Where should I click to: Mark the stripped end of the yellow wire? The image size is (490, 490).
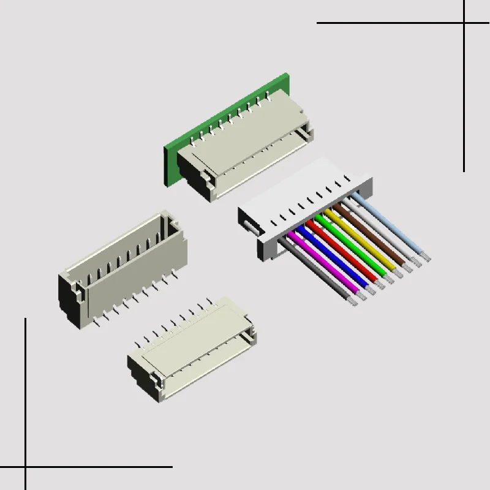[390, 279]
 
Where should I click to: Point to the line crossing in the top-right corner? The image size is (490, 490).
[464, 23]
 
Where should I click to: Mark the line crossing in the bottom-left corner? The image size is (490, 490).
[26, 467]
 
